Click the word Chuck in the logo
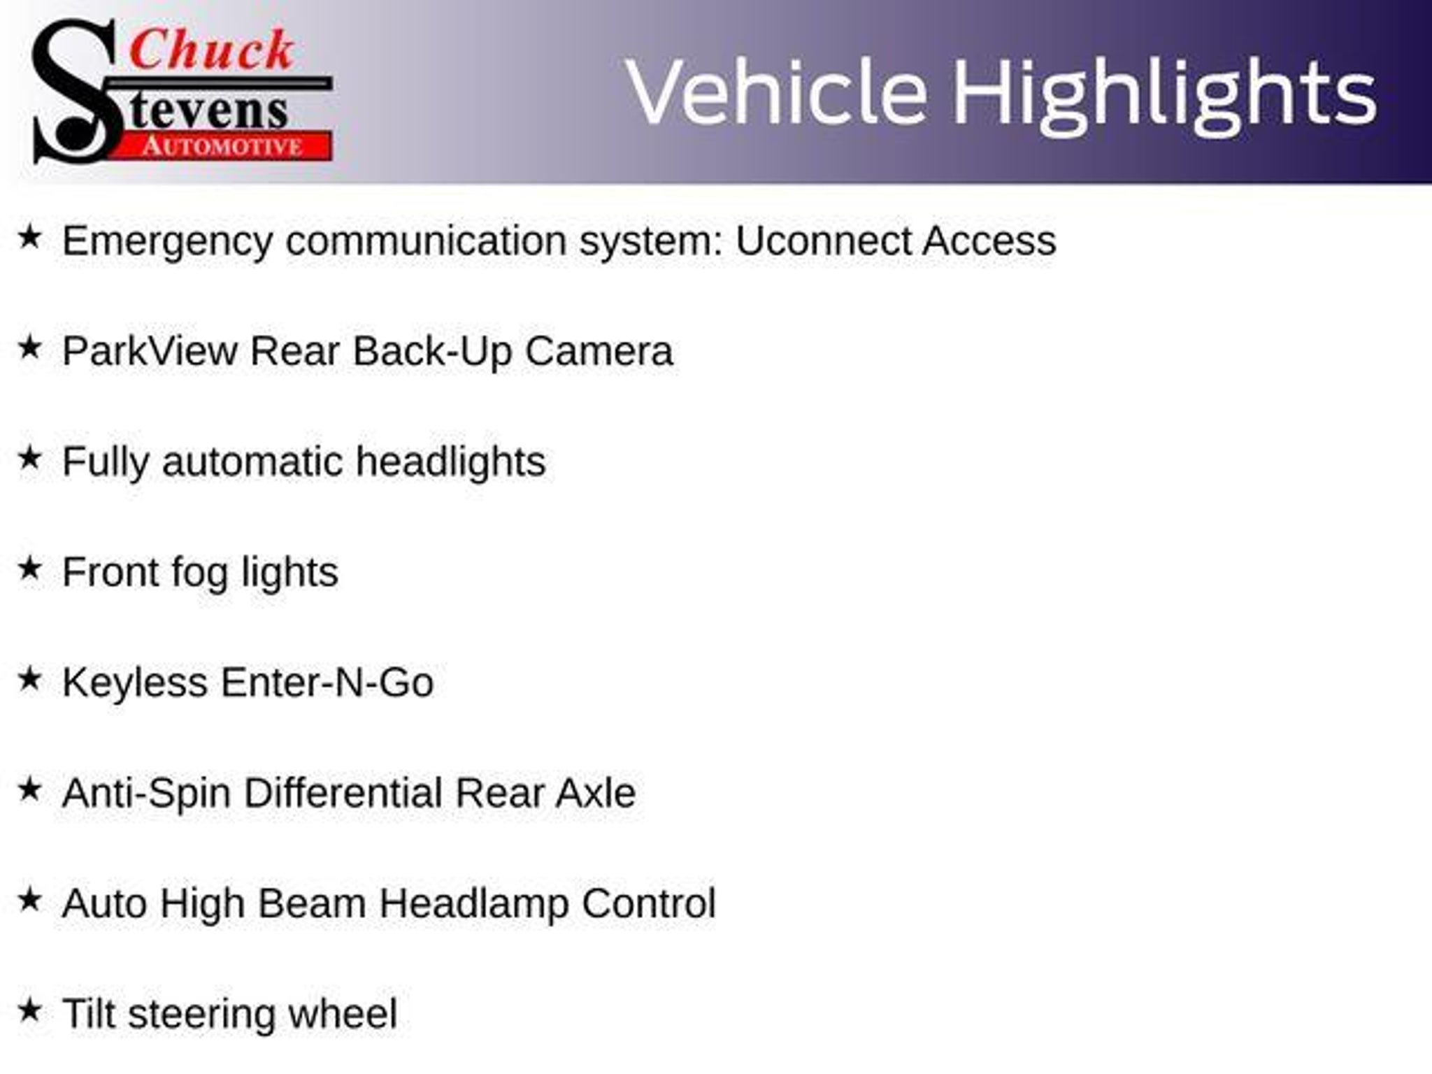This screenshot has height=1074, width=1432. (x=212, y=50)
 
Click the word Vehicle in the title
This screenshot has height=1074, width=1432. (x=777, y=92)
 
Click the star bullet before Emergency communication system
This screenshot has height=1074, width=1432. (x=30, y=237)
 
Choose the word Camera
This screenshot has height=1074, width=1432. (x=599, y=350)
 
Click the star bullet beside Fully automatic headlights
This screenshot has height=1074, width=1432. (x=30, y=458)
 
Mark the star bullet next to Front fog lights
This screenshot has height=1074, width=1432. (x=30, y=568)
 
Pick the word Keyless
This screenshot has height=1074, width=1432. (x=135, y=684)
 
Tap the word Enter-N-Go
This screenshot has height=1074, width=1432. (x=327, y=682)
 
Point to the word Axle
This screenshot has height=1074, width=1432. (x=596, y=793)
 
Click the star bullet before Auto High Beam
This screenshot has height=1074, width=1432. (x=30, y=900)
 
